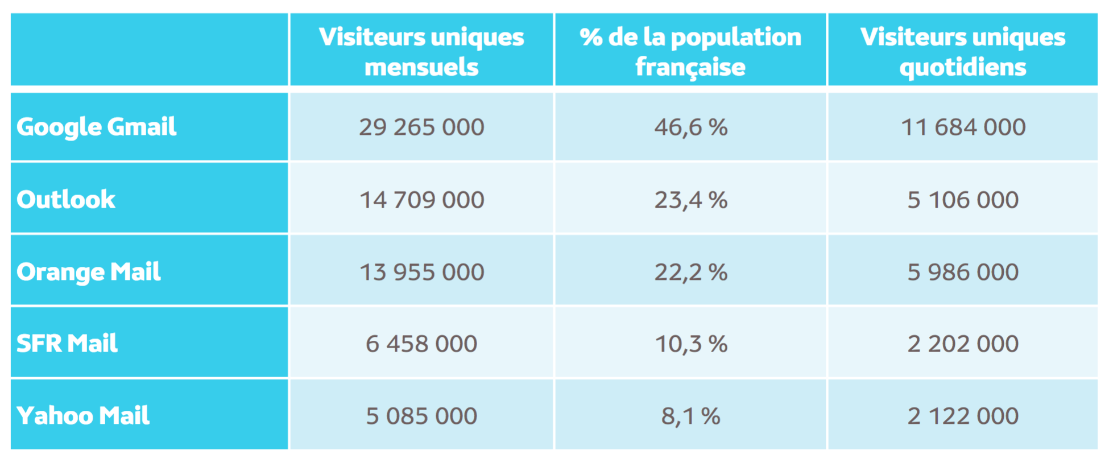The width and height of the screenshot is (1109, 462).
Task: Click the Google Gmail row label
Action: coord(96,127)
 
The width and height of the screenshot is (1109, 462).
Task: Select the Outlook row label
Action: coord(66,200)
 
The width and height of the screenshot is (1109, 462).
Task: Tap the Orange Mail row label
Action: coord(89,272)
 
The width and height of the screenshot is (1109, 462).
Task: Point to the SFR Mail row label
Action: coord(67,344)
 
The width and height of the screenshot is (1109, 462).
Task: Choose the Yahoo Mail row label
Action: coord(83,416)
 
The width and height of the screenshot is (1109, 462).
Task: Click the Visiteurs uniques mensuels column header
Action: coord(421,52)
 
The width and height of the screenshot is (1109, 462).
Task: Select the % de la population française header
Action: coord(690,52)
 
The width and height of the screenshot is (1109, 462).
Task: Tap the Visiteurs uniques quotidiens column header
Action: coord(963,52)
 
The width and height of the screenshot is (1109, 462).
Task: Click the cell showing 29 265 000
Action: coord(421,127)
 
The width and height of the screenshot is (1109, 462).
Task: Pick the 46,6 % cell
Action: coord(690,127)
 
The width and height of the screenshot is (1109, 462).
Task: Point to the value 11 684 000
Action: coord(963,127)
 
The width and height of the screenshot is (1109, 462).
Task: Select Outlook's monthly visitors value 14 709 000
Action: coord(421,200)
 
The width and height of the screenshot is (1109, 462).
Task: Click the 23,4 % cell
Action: coord(690,200)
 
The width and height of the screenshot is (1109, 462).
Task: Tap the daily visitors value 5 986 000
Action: coord(963,272)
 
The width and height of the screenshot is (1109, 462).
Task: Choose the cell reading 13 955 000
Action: coord(421,272)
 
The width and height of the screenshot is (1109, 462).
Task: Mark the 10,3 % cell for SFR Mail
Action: coord(690,344)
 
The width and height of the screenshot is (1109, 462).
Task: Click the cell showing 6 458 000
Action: coord(421,344)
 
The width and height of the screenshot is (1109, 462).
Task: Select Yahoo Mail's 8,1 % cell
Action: coord(690,416)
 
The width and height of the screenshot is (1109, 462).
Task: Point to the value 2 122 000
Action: coord(963,416)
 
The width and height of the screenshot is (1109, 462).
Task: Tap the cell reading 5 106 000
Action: coord(963,200)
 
